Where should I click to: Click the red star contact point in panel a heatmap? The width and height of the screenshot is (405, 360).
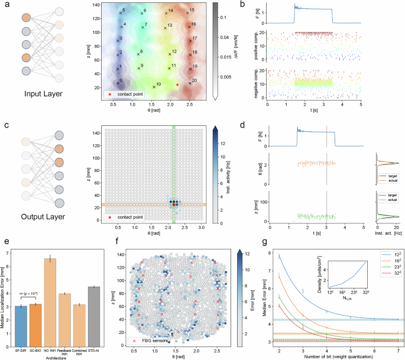(x=177, y=85)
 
